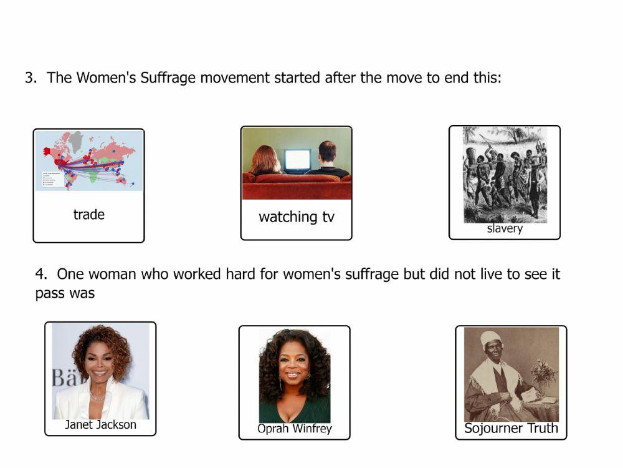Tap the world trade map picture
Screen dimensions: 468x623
coord(88,160)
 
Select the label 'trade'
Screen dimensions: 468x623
coord(88,215)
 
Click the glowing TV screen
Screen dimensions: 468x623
coord(297,160)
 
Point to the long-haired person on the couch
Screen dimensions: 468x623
coord(265,161)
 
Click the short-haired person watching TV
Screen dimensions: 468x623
coord(327,159)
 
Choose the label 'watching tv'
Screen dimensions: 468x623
coord(297,217)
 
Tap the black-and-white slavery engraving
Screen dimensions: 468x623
coord(505,174)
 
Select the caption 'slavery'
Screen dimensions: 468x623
coord(505,228)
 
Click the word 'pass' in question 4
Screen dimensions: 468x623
coord(48,293)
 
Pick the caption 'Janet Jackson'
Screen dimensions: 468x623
coord(100,425)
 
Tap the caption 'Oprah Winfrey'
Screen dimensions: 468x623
coord(295,429)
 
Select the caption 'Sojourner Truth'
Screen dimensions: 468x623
coord(511,429)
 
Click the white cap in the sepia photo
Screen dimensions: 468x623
coord(491,338)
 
